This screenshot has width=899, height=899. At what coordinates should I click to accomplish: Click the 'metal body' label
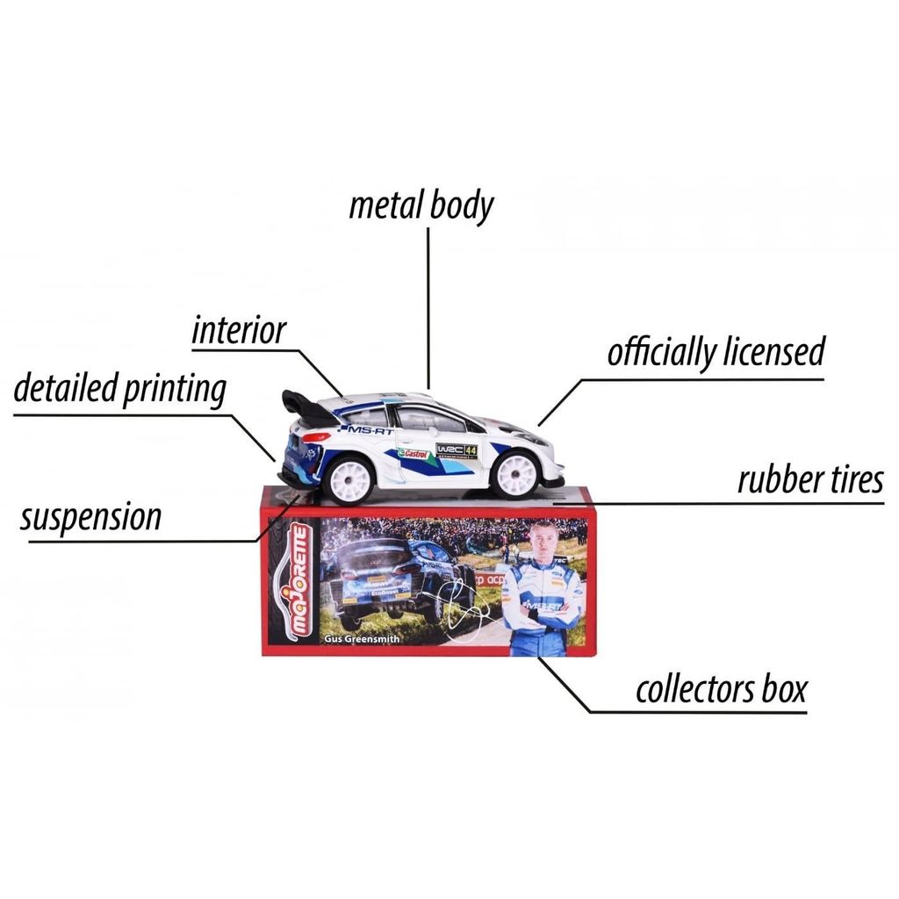[x=421, y=206]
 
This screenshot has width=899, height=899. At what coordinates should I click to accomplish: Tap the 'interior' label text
[x=239, y=331]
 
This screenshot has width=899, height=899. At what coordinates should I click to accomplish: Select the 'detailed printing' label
[x=120, y=389]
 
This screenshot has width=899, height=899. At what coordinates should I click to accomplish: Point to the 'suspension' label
[x=91, y=517]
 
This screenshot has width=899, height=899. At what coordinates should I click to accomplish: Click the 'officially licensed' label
[x=716, y=353]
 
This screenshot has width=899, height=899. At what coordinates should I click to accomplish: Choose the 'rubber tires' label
[x=809, y=480]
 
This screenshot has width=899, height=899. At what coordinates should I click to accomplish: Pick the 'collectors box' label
[x=721, y=689]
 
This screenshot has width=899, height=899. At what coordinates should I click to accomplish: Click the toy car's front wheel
[x=515, y=474]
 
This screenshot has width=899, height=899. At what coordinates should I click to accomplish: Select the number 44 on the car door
[x=471, y=450]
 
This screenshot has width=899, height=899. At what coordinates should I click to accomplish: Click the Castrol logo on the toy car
[x=415, y=454]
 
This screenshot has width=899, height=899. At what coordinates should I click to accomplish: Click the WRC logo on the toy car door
[x=450, y=450]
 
